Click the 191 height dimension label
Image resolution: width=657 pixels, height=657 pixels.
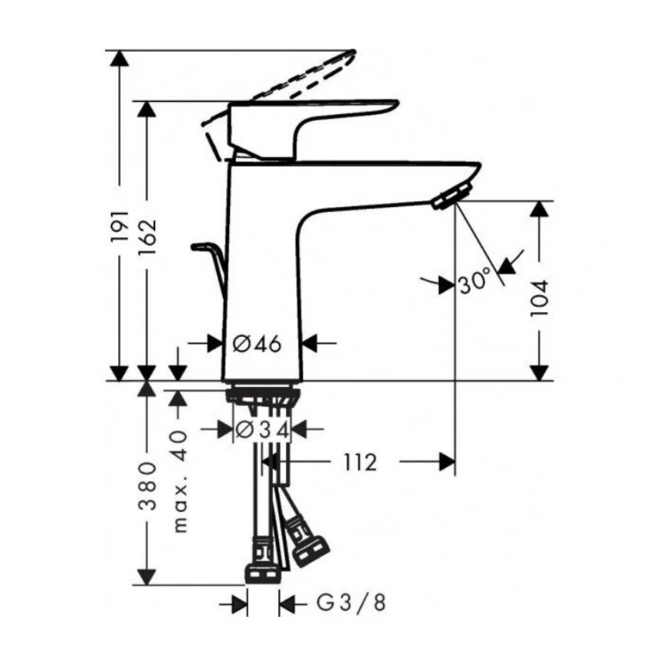[x=120, y=226]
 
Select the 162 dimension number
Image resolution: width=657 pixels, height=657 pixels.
[x=147, y=237]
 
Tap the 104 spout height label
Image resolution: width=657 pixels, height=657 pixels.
[x=539, y=298]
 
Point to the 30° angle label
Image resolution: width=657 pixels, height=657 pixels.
[x=474, y=281]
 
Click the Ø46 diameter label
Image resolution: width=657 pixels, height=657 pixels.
[x=257, y=344]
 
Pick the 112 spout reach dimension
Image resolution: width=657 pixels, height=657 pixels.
[x=360, y=463]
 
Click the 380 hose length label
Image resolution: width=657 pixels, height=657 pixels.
[x=147, y=486]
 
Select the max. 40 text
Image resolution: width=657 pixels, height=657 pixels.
[x=179, y=482]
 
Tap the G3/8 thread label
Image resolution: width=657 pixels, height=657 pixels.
[x=350, y=603]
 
